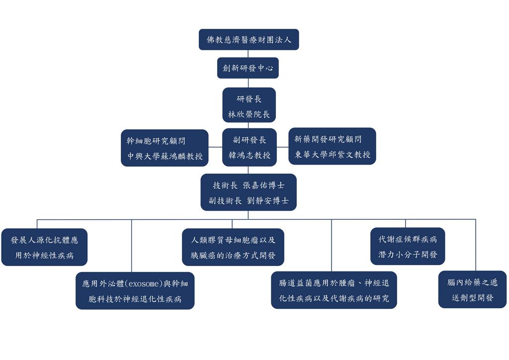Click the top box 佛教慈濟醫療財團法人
[249, 40]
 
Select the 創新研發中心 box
[248, 68]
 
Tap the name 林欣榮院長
[249, 114]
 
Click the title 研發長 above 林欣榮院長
[249, 99]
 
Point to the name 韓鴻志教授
[249, 155]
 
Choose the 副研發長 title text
[249, 140]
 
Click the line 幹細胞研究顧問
[156, 141]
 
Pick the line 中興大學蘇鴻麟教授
[165, 156]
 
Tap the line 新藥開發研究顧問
[328, 139]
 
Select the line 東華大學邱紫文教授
[332, 155]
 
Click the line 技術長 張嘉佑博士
[249, 185]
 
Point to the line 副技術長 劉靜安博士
[249, 201]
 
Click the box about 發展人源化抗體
[44, 247]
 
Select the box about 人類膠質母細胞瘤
[233, 247]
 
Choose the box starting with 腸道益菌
[334, 290]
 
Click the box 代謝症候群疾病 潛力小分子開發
[408, 246]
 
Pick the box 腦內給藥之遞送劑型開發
[472, 289]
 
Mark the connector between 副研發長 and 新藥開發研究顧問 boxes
[282, 147]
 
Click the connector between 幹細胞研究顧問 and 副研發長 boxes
[215, 147]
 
